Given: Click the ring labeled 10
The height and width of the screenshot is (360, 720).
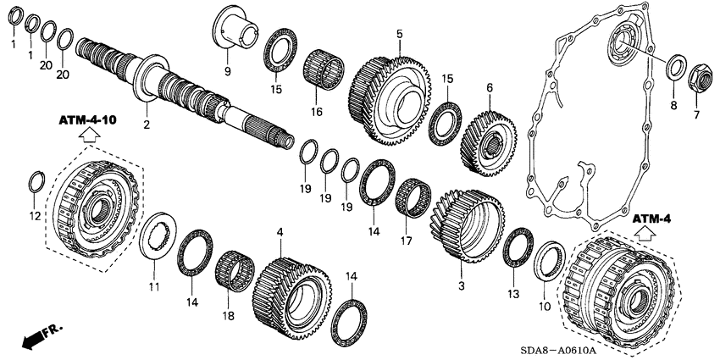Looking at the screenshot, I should [x=549, y=258].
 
